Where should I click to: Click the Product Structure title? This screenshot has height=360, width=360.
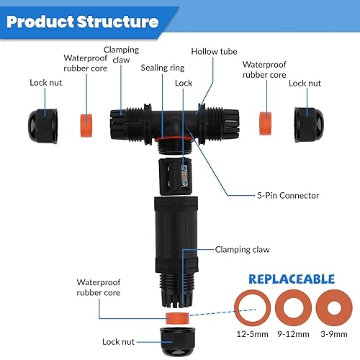(82, 22)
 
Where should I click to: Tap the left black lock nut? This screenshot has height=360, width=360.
(43, 126)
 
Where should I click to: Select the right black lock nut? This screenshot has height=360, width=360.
(309, 125)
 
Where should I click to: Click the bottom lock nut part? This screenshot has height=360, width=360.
(178, 341)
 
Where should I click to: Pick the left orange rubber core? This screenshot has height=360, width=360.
(86, 125)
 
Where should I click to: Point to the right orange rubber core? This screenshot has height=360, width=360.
(266, 123)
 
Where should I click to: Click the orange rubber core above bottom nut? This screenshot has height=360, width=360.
(177, 318)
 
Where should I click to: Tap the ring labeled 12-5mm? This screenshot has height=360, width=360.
(253, 308)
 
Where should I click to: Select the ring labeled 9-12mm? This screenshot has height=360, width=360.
(293, 308)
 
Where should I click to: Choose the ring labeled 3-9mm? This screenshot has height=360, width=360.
(334, 308)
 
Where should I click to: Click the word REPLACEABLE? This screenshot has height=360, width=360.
(292, 279)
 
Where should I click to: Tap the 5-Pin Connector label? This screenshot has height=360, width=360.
(288, 196)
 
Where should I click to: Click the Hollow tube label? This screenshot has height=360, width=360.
(214, 52)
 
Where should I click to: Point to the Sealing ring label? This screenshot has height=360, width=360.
(163, 68)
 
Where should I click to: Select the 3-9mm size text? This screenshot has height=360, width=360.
(334, 334)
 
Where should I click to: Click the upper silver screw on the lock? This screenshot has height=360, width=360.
(184, 168)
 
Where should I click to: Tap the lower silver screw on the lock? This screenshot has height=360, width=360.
(184, 184)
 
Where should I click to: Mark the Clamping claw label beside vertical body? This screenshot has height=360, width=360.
(242, 250)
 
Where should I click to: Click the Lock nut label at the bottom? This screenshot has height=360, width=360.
(118, 342)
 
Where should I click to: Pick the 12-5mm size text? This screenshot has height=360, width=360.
(253, 334)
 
